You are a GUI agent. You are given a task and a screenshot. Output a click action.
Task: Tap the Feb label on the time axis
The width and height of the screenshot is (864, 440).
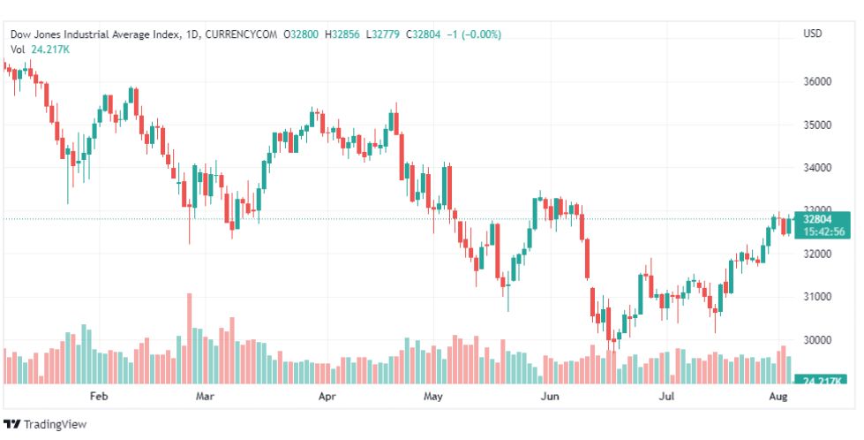coord(98,397)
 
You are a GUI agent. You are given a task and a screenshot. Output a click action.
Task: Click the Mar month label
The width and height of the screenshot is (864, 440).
coord(206,397)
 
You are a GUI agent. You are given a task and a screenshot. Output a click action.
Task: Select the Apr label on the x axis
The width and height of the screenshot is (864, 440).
coord(327,397)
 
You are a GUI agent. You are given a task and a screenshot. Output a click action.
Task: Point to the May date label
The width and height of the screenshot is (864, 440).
coord(432,397)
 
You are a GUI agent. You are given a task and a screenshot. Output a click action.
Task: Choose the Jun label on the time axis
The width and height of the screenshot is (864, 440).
coord(550,397)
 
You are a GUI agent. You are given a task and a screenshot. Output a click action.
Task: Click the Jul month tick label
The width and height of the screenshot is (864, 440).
coord(668,397)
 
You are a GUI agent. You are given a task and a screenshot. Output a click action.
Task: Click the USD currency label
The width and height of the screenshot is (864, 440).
coord(813,34)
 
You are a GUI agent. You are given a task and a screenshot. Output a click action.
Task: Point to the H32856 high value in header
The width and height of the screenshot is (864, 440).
coord(342,34)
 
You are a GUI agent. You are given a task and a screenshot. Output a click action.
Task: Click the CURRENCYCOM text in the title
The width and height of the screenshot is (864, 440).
coord(240,34)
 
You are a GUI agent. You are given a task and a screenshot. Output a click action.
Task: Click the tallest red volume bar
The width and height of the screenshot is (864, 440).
coord(188,339)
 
